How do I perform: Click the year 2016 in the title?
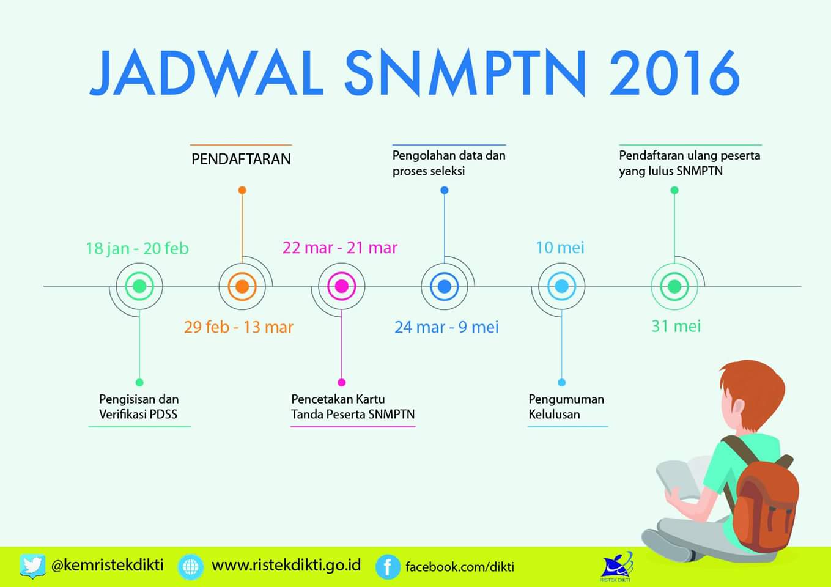click(675, 73)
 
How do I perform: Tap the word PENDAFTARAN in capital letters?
click(241, 159)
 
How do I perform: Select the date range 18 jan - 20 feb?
click(137, 249)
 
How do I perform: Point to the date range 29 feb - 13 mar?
click(238, 327)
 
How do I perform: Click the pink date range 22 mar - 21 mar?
click(340, 248)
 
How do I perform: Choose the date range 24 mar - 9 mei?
click(446, 327)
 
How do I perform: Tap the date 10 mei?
click(560, 248)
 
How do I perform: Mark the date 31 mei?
click(676, 327)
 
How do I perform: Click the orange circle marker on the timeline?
click(242, 286)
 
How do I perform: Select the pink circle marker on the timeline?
click(342, 286)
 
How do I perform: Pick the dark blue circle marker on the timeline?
click(445, 286)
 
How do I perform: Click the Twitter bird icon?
click(32, 566)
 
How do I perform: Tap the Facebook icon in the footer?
click(388, 567)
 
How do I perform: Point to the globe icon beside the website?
click(191, 567)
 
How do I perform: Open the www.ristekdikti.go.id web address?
click(286, 566)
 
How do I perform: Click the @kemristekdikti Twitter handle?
click(108, 565)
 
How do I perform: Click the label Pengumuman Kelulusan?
click(566, 407)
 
